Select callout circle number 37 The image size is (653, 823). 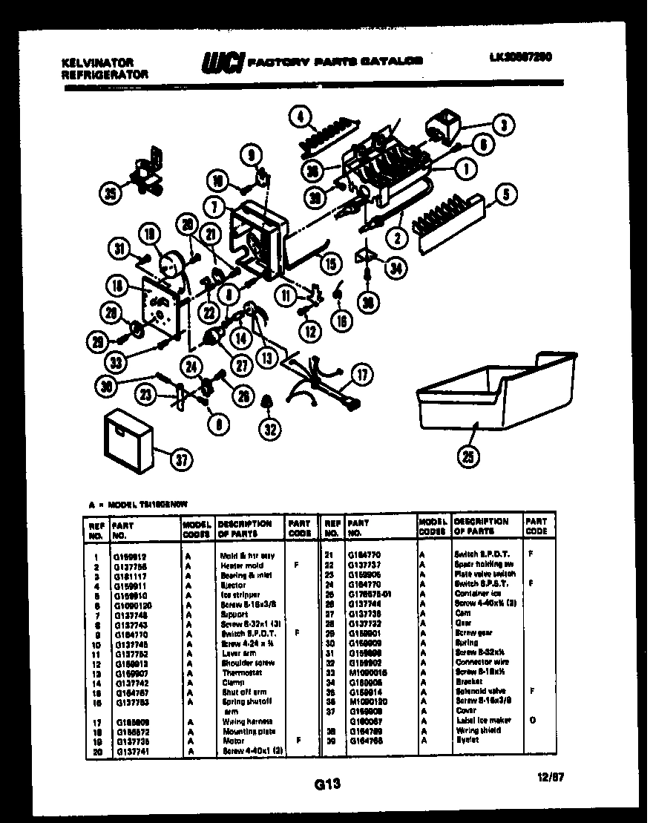[181, 459]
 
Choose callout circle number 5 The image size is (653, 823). [505, 197]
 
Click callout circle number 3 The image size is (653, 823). [503, 125]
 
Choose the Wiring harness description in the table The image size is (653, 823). [246, 721]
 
